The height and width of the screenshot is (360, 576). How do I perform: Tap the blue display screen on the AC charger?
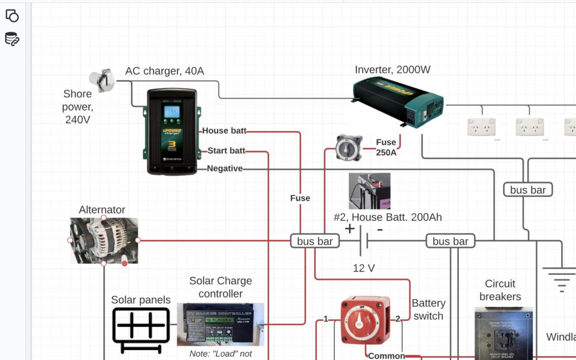(171, 111)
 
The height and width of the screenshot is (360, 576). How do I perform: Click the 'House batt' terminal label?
(224, 131)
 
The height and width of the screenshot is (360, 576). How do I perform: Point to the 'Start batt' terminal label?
(227, 151)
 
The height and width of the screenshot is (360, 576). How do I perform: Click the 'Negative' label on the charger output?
(225, 169)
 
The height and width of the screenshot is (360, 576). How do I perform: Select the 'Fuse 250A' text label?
(386, 147)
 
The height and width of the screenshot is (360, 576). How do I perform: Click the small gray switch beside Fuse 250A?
(349, 148)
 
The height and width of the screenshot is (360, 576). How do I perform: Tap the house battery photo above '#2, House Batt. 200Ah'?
(370, 190)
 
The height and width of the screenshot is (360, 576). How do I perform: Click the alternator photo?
(104, 241)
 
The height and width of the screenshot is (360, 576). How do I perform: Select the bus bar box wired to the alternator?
(315, 241)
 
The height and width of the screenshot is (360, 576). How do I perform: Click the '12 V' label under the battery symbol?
(364, 268)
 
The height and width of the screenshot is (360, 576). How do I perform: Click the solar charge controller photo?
(220, 324)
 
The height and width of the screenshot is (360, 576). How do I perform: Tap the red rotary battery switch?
(365, 320)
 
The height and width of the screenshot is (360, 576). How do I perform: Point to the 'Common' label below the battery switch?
(386, 356)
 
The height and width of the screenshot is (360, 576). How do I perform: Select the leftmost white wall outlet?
(482, 127)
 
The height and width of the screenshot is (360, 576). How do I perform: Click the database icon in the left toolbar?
(12, 39)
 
